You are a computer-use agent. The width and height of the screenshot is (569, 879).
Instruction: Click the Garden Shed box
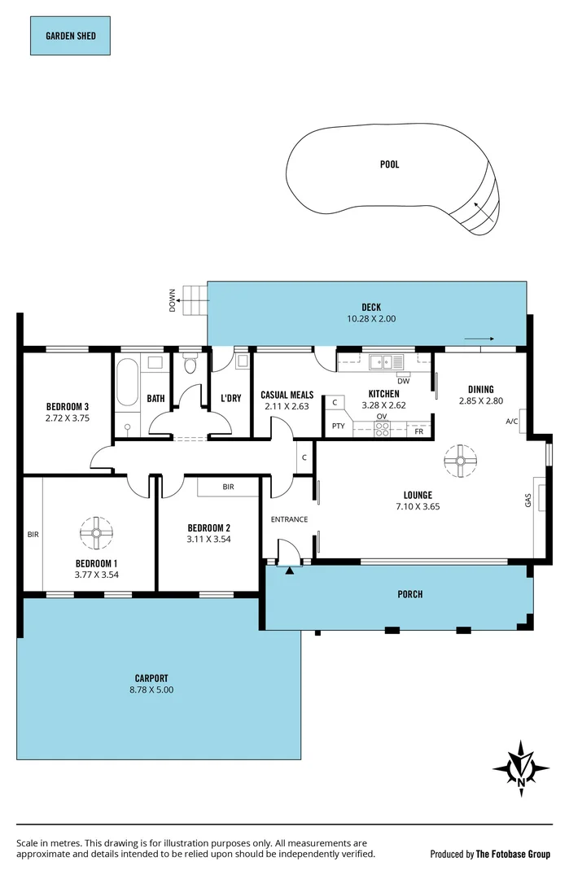(x=69, y=37)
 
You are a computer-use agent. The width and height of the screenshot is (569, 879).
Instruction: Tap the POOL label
(x=390, y=164)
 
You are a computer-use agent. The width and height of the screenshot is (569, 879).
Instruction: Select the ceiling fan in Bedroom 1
(x=96, y=533)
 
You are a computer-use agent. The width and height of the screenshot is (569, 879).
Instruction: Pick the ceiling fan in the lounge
(x=460, y=461)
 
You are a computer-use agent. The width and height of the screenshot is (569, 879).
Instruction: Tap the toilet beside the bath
(x=190, y=365)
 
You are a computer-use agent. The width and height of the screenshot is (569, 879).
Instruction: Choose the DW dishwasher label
(x=403, y=381)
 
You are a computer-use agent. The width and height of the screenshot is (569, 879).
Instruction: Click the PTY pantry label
(x=338, y=426)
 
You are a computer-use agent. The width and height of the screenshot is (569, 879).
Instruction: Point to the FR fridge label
(x=419, y=431)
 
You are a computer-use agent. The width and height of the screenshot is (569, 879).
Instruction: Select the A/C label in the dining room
(x=512, y=422)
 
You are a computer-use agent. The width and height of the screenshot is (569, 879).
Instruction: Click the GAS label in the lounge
(x=527, y=501)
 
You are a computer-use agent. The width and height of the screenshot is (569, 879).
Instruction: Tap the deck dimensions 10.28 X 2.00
(x=371, y=319)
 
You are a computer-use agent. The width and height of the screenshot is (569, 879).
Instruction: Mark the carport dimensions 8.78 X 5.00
(x=151, y=689)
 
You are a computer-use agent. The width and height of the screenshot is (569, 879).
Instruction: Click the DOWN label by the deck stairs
(x=173, y=301)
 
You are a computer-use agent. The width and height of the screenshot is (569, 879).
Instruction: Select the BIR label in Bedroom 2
(x=229, y=487)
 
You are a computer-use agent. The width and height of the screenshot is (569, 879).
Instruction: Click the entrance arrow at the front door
(x=290, y=570)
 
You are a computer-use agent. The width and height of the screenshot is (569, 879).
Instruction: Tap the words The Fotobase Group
(x=513, y=855)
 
